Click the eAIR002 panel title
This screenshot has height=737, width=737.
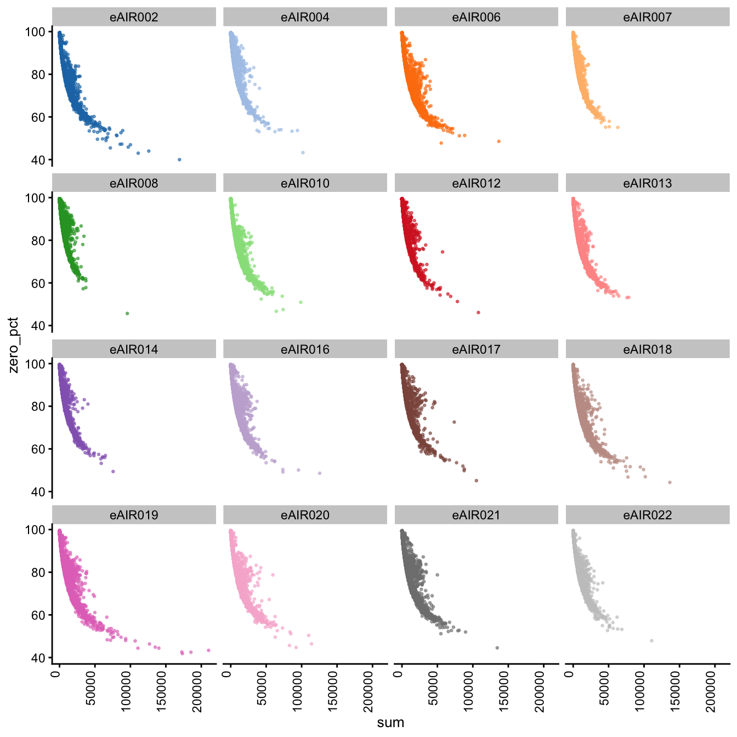tap(134, 17)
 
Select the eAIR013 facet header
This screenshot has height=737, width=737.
tap(647, 183)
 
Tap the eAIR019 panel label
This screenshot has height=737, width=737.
tap(134, 515)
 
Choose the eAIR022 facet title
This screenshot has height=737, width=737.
tap(647, 515)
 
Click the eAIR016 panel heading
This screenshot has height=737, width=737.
tap(305, 349)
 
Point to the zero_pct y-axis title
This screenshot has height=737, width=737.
tap(13, 345)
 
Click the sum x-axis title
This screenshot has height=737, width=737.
tap(390, 723)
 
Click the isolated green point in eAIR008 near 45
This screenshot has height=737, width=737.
tap(127, 314)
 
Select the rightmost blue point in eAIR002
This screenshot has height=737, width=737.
tap(179, 160)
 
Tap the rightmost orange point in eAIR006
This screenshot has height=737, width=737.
tap(498, 141)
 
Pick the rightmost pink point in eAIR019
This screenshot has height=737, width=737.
tap(208, 650)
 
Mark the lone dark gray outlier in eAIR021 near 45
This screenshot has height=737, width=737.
tap(497, 648)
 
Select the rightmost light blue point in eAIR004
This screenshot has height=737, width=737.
tap(303, 152)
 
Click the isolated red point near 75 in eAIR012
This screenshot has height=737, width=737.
tap(443, 252)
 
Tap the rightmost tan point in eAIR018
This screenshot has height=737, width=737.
tap(670, 483)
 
